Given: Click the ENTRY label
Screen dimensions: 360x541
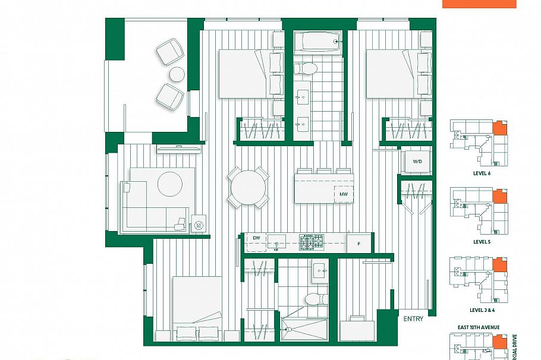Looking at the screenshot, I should [x=414, y=319].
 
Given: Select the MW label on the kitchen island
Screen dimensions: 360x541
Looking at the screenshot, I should [x=344, y=194].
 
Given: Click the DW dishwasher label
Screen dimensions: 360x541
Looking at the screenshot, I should [x=256, y=238].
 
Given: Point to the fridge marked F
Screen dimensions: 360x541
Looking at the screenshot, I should [x=358, y=243].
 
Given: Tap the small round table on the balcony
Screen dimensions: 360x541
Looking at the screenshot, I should [x=177, y=74].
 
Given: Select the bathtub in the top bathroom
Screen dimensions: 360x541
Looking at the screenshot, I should [x=319, y=42].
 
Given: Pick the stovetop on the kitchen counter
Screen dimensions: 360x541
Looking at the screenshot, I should [x=313, y=242].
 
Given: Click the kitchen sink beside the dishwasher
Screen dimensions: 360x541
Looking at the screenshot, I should [x=276, y=242].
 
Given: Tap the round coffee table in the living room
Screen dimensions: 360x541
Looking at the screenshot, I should [x=170, y=184].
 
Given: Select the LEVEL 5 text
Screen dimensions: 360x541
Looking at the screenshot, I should [x=482, y=242].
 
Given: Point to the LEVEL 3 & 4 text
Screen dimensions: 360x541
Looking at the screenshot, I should [x=482, y=310].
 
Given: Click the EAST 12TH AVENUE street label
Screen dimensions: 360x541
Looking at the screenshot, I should [x=481, y=327].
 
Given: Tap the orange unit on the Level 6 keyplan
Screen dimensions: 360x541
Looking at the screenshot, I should [x=501, y=129].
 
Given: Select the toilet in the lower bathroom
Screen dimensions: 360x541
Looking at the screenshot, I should [x=314, y=296].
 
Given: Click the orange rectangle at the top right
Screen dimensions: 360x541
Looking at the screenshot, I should [x=479, y=4].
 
